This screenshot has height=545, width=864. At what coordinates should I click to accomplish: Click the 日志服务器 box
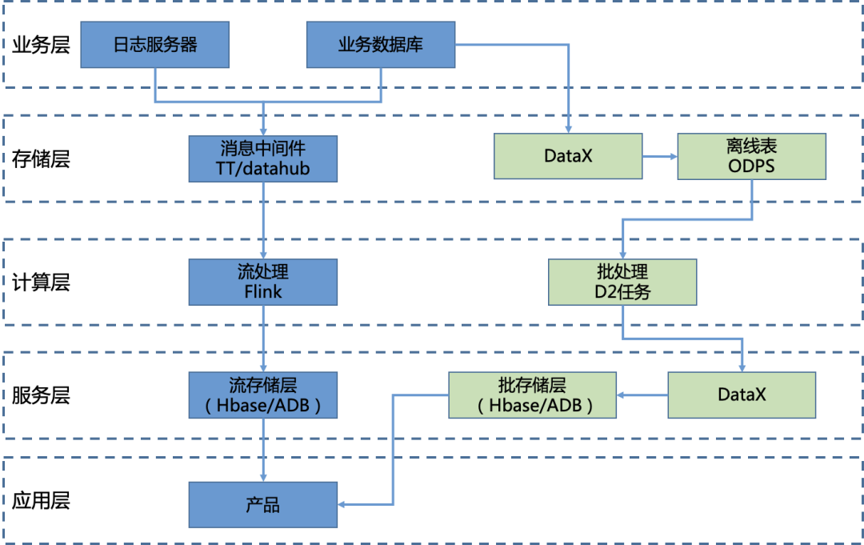tap(156, 44)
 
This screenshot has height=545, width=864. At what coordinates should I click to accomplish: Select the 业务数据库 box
tap(380, 44)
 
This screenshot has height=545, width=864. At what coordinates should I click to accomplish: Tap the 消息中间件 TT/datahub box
tap(263, 158)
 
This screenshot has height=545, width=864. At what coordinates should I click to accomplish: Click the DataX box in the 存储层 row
tap(568, 156)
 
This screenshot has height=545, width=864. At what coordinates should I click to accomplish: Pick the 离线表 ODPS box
tap(751, 156)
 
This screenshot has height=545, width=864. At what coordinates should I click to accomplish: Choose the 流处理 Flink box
tap(263, 281)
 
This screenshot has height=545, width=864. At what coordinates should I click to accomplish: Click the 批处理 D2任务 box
tap(623, 281)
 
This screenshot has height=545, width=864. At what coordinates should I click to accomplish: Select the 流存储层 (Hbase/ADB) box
tap(263, 395)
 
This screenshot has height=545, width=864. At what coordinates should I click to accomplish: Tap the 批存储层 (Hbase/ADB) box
tap(532, 395)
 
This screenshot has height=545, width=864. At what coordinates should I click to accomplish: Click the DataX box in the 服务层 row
tap(742, 395)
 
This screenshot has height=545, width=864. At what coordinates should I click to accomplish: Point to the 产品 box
tap(263, 504)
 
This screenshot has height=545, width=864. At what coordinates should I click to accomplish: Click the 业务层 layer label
tap(41, 45)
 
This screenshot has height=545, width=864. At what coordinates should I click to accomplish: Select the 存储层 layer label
tap(41, 158)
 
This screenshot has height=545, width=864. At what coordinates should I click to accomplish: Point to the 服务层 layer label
tap(41, 395)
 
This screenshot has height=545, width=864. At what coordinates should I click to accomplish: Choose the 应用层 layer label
tap(41, 502)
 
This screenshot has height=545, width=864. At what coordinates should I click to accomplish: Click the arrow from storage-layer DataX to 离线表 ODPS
tap(660, 156)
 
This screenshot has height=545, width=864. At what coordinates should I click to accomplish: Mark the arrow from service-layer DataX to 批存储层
tap(642, 395)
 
